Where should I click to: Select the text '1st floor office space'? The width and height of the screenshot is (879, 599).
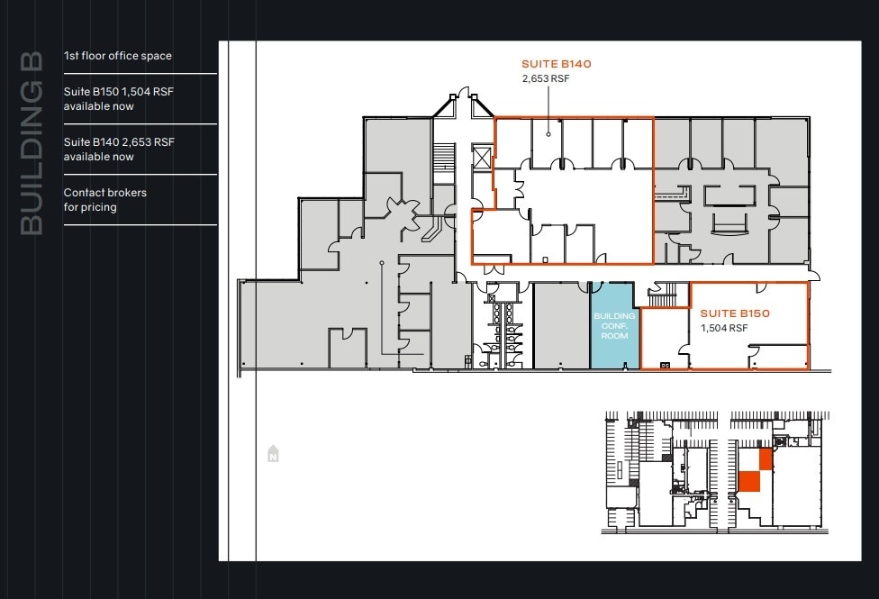coord(117,56)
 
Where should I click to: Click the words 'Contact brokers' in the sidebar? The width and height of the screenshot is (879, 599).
coord(104,193)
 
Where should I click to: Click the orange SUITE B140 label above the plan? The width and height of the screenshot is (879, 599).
coord(556,64)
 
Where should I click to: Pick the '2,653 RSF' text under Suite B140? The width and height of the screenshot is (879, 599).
coord(545,78)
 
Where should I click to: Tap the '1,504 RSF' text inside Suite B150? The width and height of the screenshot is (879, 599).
coord(724,328)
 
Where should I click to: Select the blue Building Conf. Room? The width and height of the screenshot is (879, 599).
coord(613,325)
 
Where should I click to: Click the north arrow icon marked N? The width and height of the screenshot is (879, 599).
coord(272,455)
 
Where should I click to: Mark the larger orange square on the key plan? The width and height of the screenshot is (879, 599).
coord(749,481)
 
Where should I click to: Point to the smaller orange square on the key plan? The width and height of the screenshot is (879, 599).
coord(766,459)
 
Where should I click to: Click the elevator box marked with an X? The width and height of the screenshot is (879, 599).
coord(483,159)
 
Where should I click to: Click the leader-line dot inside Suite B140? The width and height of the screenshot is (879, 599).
coord(548,134)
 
